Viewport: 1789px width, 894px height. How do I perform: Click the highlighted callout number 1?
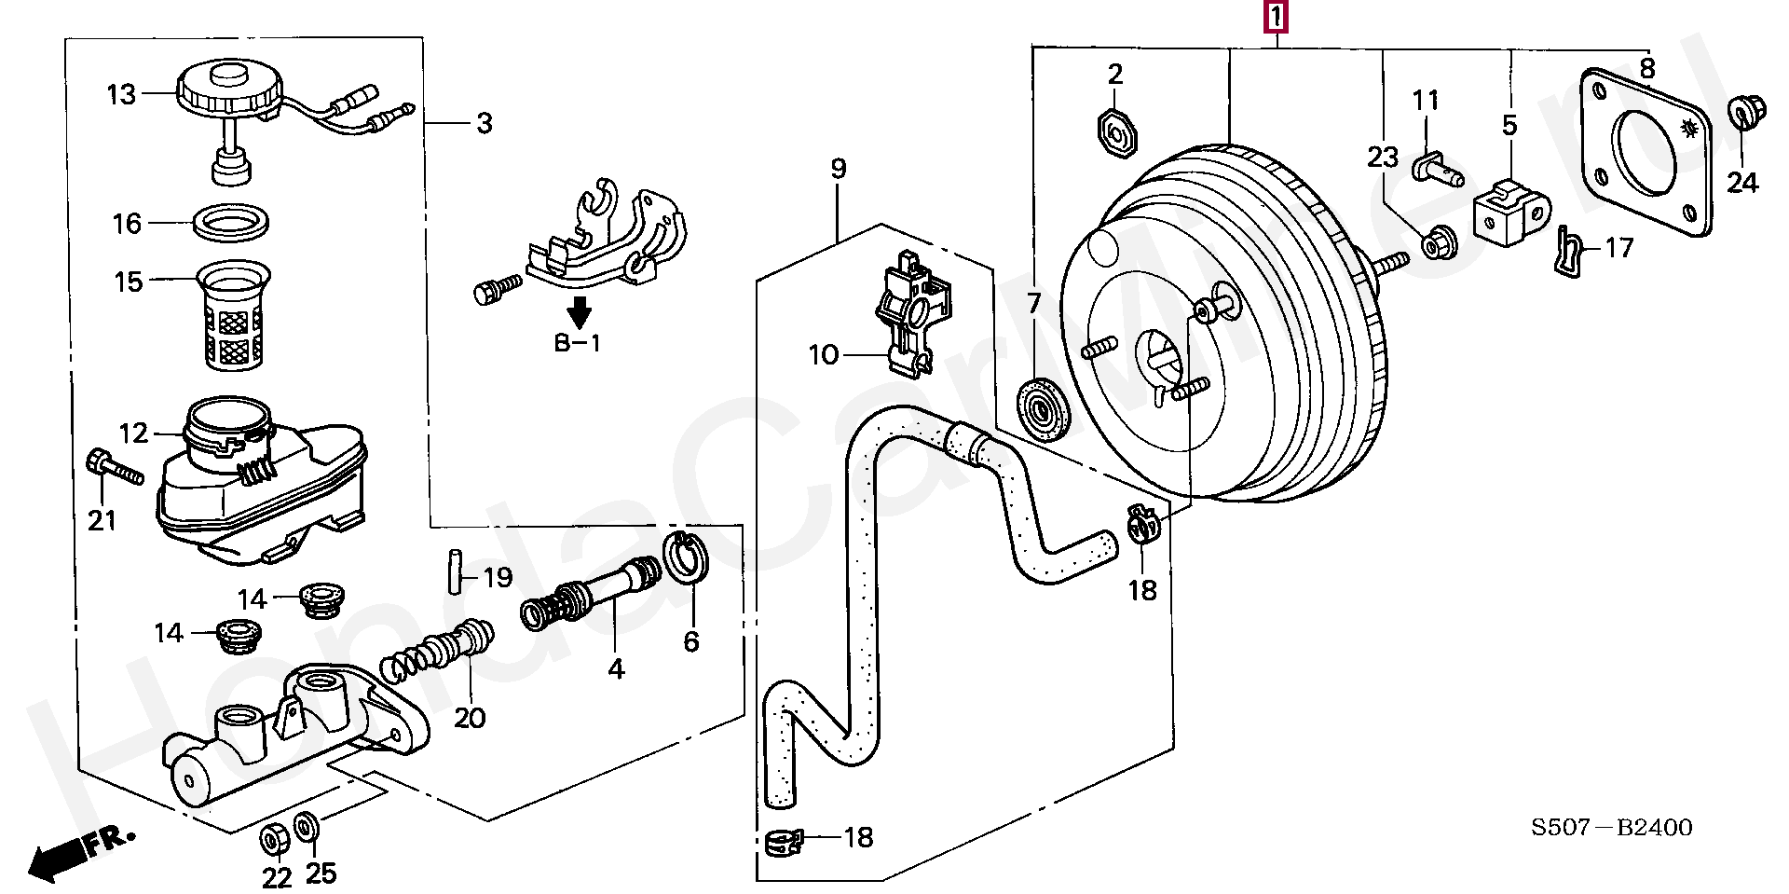(1276, 17)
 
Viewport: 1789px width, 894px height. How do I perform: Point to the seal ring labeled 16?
(233, 223)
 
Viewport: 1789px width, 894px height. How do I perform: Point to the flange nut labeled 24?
(1739, 113)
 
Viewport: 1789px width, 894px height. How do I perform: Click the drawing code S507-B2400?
(1611, 827)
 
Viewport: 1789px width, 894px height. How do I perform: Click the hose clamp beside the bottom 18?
(784, 842)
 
